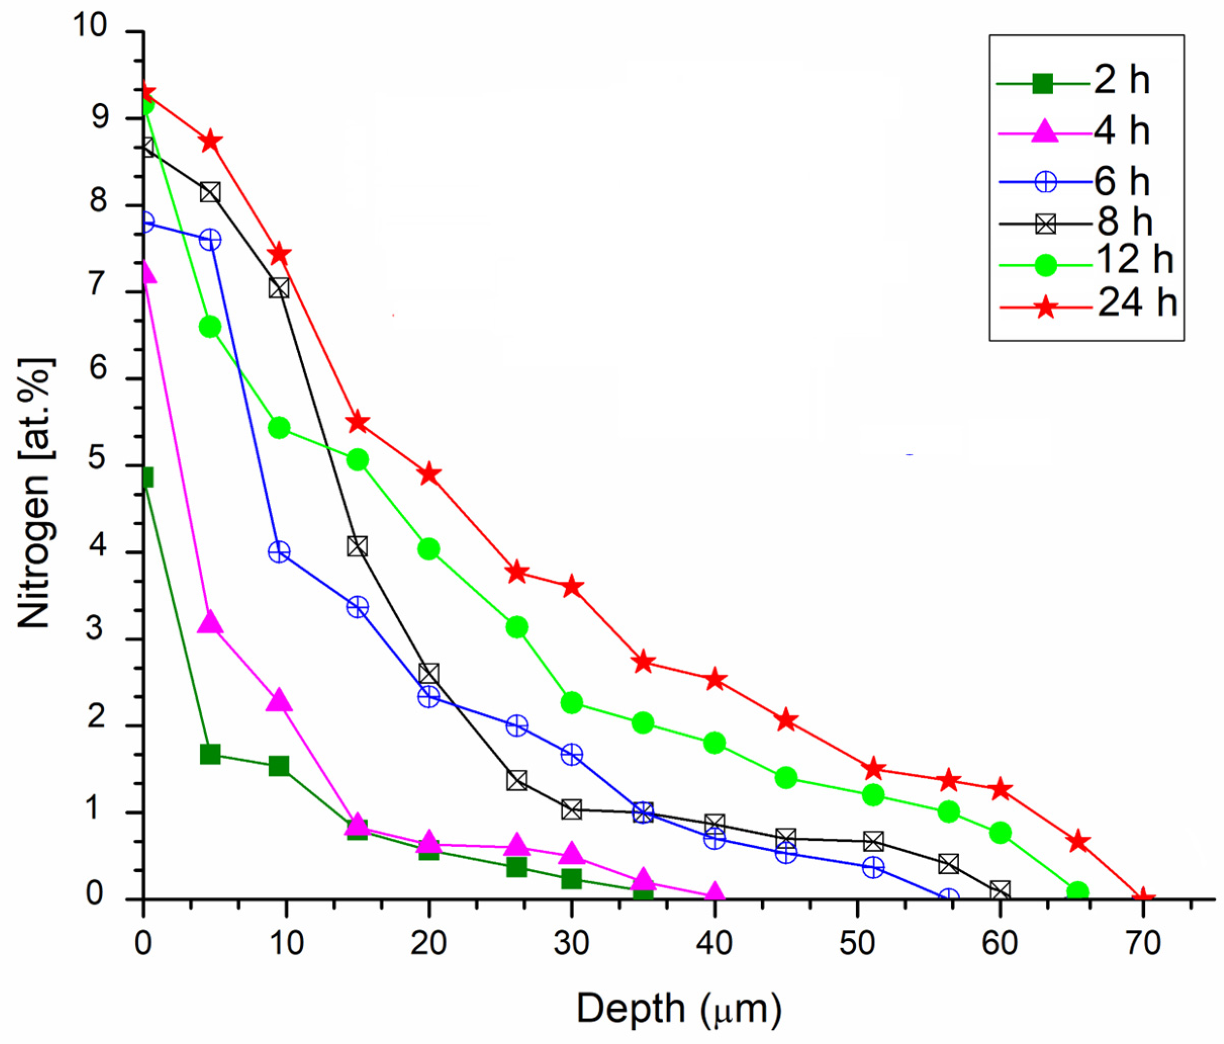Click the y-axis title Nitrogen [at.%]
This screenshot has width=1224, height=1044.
pos(34,493)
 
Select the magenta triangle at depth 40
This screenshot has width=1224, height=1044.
pos(715,894)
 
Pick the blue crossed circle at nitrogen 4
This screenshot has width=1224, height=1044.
pos(279,552)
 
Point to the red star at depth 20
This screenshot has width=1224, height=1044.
pos(430,474)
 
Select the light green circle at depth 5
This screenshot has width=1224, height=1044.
pos(210,327)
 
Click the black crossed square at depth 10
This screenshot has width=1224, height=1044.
pos(279,289)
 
